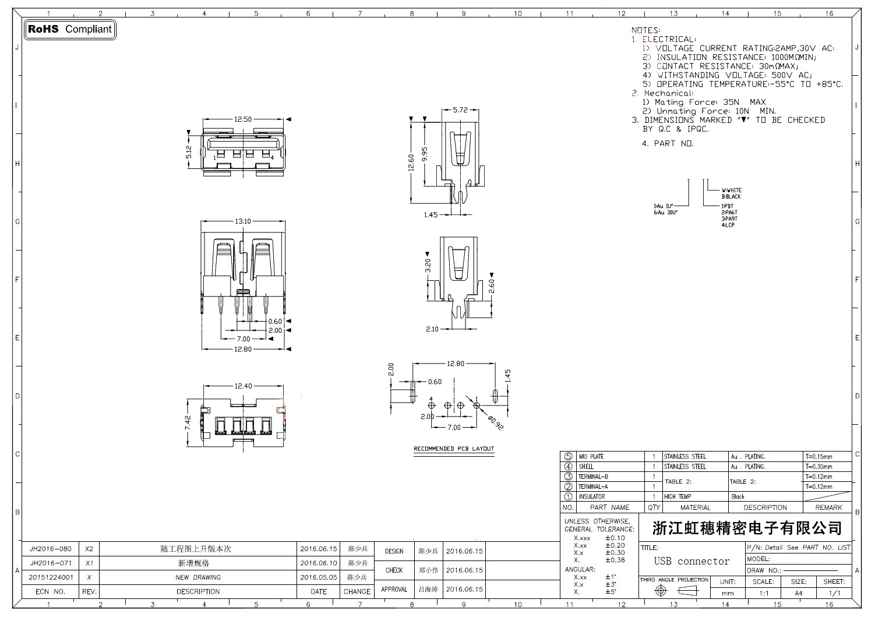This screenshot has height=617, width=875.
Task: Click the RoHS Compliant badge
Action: click(x=70, y=29)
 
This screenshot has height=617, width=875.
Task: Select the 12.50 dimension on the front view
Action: click(x=242, y=119)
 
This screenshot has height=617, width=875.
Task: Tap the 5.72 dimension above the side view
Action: click(x=460, y=110)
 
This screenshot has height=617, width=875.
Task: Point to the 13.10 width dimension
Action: click(x=242, y=221)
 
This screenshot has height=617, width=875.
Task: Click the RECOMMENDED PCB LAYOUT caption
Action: click(x=454, y=449)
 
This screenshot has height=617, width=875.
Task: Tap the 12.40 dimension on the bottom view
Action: click(x=243, y=386)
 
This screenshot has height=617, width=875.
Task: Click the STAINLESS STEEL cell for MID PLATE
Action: click(x=685, y=457)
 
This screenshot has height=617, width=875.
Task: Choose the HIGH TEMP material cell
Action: click(x=678, y=497)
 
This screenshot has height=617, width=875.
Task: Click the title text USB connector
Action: click(x=691, y=562)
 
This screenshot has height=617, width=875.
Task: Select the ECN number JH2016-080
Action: click(x=51, y=549)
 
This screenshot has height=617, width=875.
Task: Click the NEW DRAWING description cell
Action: click(x=198, y=577)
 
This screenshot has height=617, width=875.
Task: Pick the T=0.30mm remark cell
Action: click(x=818, y=467)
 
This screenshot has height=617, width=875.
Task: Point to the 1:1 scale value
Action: click(x=764, y=593)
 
